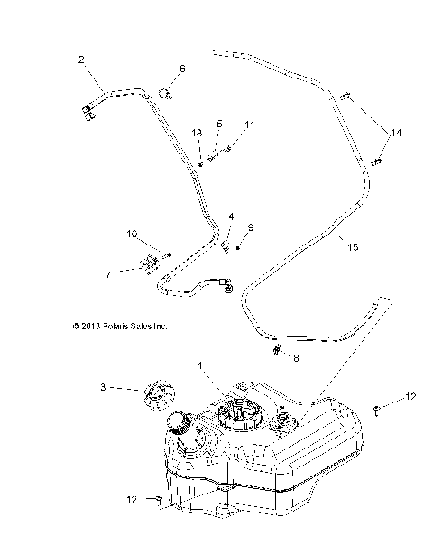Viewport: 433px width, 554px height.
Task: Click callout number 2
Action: [x=81, y=60]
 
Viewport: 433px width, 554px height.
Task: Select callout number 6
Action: [x=181, y=69]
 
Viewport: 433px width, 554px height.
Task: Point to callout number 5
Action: [x=217, y=123]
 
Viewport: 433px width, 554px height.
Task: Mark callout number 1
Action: [x=200, y=365]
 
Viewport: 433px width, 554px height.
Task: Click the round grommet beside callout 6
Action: [x=164, y=91]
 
